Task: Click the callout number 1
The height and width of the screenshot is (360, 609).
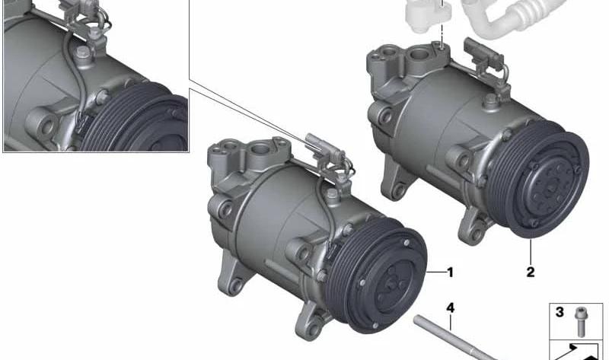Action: click(x=450, y=272)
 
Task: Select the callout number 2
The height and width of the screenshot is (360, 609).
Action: click(x=531, y=271)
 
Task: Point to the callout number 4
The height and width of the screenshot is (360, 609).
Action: click(x=450, y=307)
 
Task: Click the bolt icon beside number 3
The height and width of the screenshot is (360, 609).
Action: click(x=582, y=320)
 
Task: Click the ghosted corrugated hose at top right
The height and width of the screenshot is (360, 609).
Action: click(x=533, y=19)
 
